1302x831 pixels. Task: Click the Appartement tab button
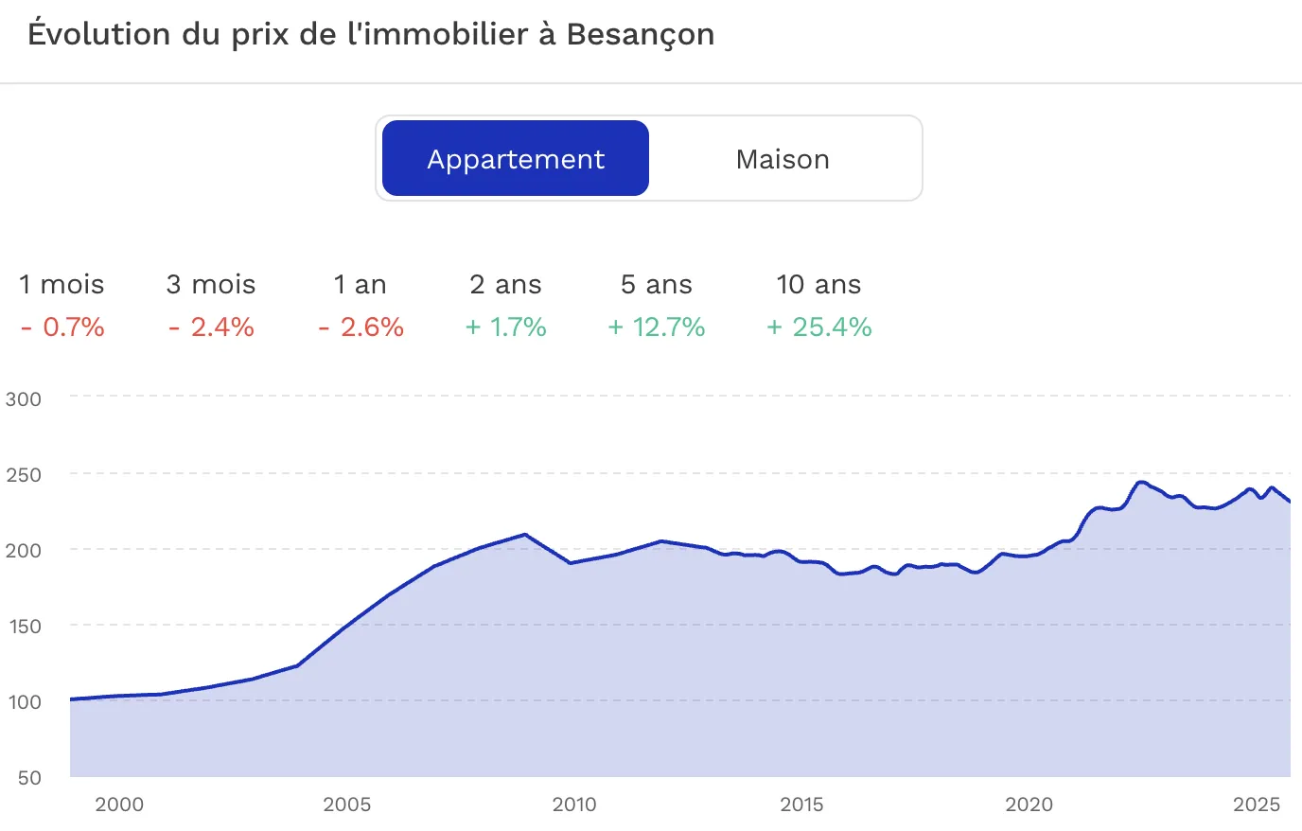pyautogui.click(x=516, y=159)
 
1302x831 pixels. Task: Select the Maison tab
pyautogui.click(x=783, y=159)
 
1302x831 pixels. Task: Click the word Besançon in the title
pyautogui.click(x=641, y=34)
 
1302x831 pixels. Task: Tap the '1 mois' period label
pyautogui.click(x=62, y=285)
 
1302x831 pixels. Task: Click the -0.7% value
pyautogui.click(x=62, y=327)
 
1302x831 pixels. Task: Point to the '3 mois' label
pyautogui.click(x=211, y=285)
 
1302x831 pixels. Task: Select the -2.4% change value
pyautogui.click(x=211, y=327)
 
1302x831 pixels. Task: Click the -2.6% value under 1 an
pyautogui.click(x=361, y=327)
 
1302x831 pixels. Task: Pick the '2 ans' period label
pyautogui.click(x=505, y=285)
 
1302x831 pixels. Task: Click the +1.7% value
pyautogui.click(x=505, y=327)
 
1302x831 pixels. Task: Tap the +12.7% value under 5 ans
pyautogui.click(x=656, y=327)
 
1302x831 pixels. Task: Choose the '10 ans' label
pyautogui.click(x=818, y=285)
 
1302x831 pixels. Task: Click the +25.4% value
pyautogui.click(x=818, y=327)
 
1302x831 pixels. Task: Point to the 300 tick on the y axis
pyautogui.click(x=24, y=398)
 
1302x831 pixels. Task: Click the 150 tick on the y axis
pyautogui.click(x=24, y=626)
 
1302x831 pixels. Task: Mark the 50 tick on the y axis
pyautogui.click(x=29, y=777)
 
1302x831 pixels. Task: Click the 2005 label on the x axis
pyautogui.click(x=346, y=804)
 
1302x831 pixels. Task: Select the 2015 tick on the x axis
pyautogui.click(x=801, y=804)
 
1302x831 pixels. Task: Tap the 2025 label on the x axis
pyautogui.click(x=1256, y=804)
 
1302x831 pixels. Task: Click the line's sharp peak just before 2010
pyautogui.click(x=525, y=534)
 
